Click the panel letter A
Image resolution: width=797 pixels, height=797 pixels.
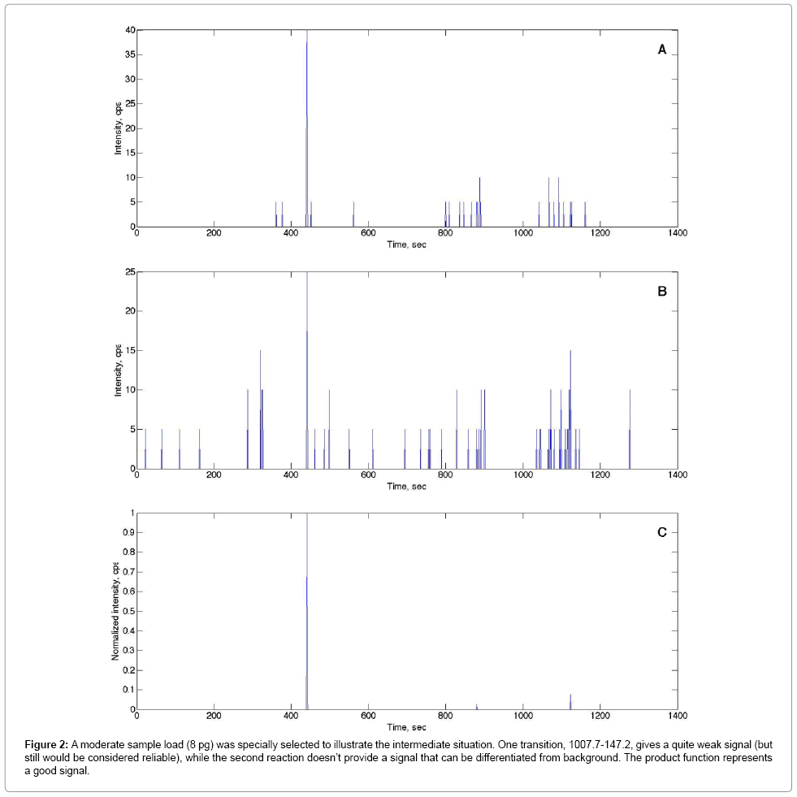click(662, 50)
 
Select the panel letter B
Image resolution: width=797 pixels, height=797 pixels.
click(662, 291)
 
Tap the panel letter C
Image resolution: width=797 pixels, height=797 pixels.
click(662, 532)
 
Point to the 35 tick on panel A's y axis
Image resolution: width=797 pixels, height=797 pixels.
click(129, 55)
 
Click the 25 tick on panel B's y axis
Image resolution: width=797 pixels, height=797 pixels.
click(129, 272)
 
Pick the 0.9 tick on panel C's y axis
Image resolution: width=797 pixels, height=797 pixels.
click(127, 533)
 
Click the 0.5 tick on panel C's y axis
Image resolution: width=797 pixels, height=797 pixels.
click(127, 611)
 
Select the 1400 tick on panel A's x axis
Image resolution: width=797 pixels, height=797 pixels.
click(678, 233)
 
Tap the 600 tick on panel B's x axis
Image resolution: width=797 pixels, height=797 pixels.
click(368, 475)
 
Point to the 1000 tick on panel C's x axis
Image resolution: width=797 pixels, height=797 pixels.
click(522, 716)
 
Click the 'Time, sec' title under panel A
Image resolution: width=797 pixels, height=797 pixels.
click(406, 245)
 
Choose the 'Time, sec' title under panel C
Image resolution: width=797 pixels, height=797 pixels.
click(406, 727)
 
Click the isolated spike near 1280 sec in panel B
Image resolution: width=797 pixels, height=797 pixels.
click(630, 431)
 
